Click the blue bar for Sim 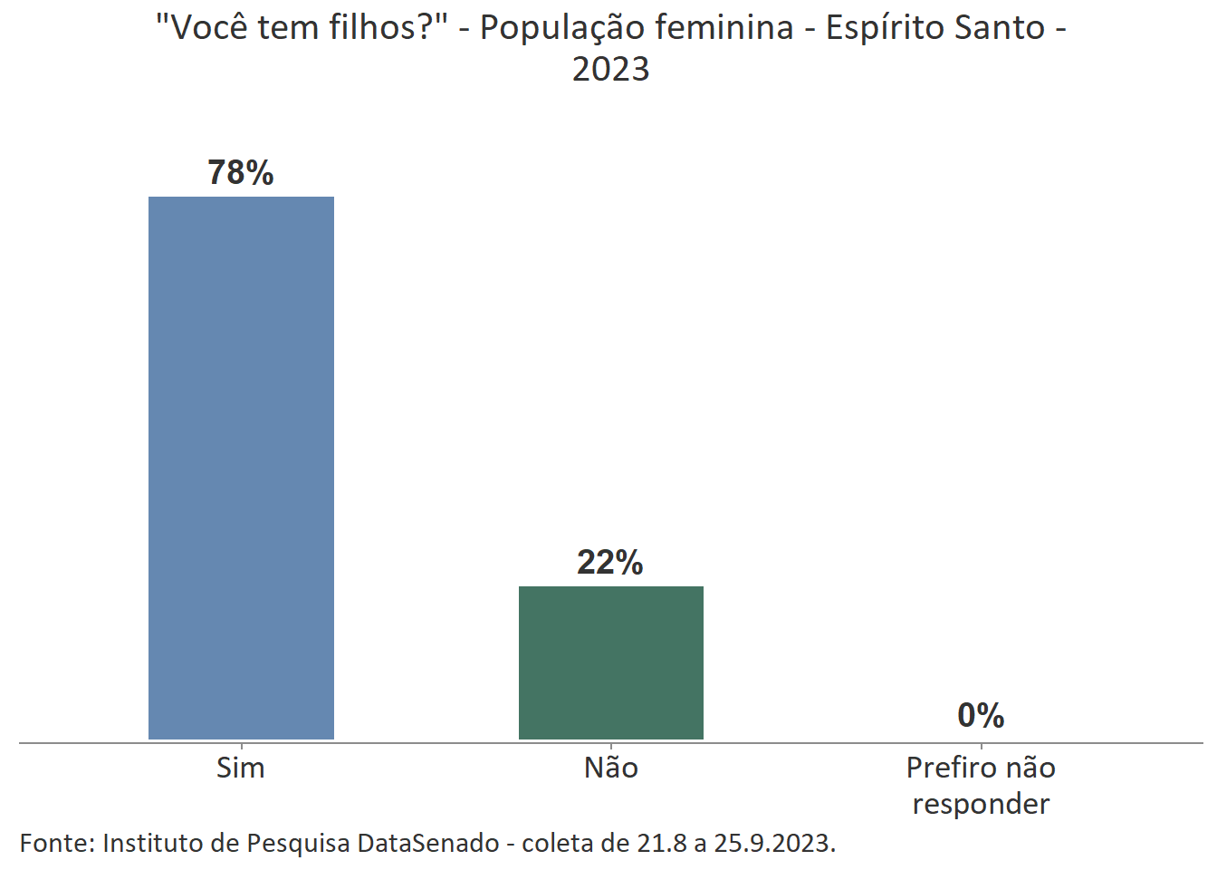click(x=241, y=468)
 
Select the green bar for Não click(x=610, y=662)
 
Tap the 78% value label click(x=241, y=172)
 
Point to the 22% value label click(x=610, y=563)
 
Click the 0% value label click(x=981, y=716)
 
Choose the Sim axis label click(x=241, y=768)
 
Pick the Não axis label click(x=611, y=768)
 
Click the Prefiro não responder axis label click(x=981, y=786)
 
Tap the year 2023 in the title click(x=611, y=69)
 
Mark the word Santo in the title click(x=1001, y=28)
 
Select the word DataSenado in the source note click(x=428, y=843)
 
